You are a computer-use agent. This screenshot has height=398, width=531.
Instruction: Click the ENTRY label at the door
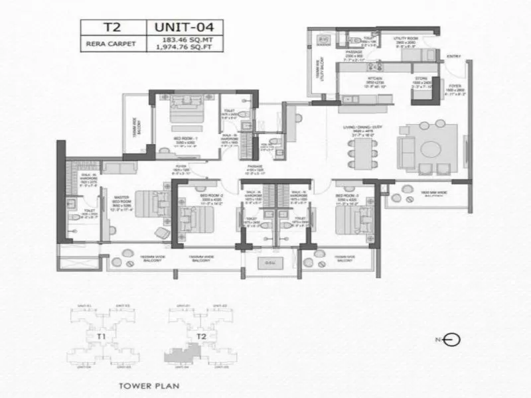click(x=454, y=56)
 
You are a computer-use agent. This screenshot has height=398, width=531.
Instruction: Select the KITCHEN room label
click(x=358, y=79)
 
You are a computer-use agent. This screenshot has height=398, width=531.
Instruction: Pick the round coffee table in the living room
click(x=432, y=147)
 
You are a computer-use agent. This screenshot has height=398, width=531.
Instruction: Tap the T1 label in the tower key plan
click(x=102, y=336)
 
